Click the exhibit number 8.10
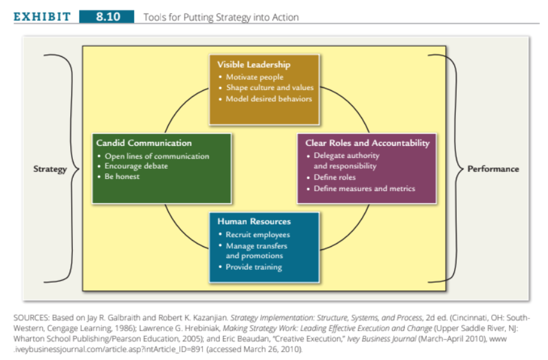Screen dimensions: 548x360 coord(108,17)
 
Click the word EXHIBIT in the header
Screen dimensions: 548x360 coord(42,17)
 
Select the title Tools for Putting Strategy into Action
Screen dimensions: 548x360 coord(221,17)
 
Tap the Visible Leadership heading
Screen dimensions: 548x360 coord(254,65)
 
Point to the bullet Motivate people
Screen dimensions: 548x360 coord(254,77)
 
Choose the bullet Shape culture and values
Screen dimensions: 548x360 coord(270,88)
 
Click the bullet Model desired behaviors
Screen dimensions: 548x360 coord(269,99)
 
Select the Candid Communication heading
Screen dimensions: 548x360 coord(144,143)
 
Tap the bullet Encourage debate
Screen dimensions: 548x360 coord(136,166)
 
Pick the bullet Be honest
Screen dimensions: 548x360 coord(122,176)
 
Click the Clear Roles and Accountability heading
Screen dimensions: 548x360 coord(367,143)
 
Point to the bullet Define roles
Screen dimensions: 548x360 coord(334,177)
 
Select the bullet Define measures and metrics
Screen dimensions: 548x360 coord(364,189)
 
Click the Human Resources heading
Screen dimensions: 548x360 coord(254,222)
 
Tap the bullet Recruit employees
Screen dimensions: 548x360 coord(258,235)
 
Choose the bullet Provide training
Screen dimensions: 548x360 coord(254,267)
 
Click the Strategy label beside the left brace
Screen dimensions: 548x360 coord(50,169)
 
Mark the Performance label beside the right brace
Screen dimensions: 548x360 coord(493,169)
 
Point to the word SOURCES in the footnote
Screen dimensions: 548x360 coord(31,318)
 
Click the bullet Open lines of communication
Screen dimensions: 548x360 coord(157,156)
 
